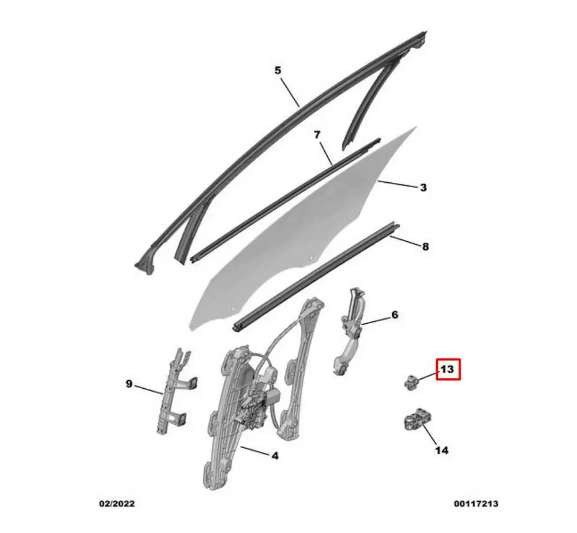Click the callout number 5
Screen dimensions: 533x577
278,70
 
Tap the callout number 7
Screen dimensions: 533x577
317,135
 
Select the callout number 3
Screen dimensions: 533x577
423,187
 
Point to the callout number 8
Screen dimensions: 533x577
425,246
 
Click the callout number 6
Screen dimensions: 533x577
395,315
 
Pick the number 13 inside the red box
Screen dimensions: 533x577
448,369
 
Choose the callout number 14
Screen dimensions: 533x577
441,450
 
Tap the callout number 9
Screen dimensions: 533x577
129,383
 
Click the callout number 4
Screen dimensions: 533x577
275,456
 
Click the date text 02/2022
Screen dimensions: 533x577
117,504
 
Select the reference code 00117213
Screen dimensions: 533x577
476,504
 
